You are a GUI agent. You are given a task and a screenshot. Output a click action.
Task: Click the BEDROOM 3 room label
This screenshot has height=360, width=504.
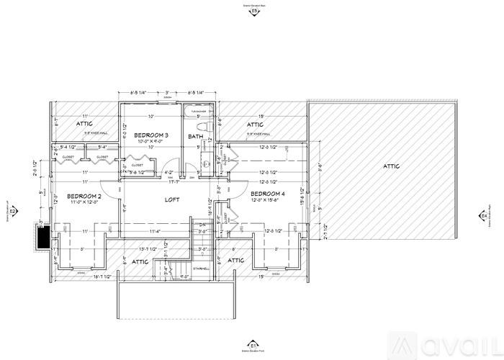click(151, 135)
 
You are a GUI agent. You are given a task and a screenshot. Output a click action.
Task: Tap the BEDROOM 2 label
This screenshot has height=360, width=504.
click(84, 196)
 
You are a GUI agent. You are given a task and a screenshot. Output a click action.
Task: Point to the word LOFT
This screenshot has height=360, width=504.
click(171, 199)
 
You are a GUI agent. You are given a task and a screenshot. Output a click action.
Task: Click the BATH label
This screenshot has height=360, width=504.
click(195, 136)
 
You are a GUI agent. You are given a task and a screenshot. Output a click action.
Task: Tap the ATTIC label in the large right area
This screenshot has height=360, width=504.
click(390, 166)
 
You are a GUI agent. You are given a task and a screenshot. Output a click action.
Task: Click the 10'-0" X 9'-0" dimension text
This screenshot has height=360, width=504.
click(151, 142)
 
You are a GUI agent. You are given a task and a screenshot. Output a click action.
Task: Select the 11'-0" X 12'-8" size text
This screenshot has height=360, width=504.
click(84, 202)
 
